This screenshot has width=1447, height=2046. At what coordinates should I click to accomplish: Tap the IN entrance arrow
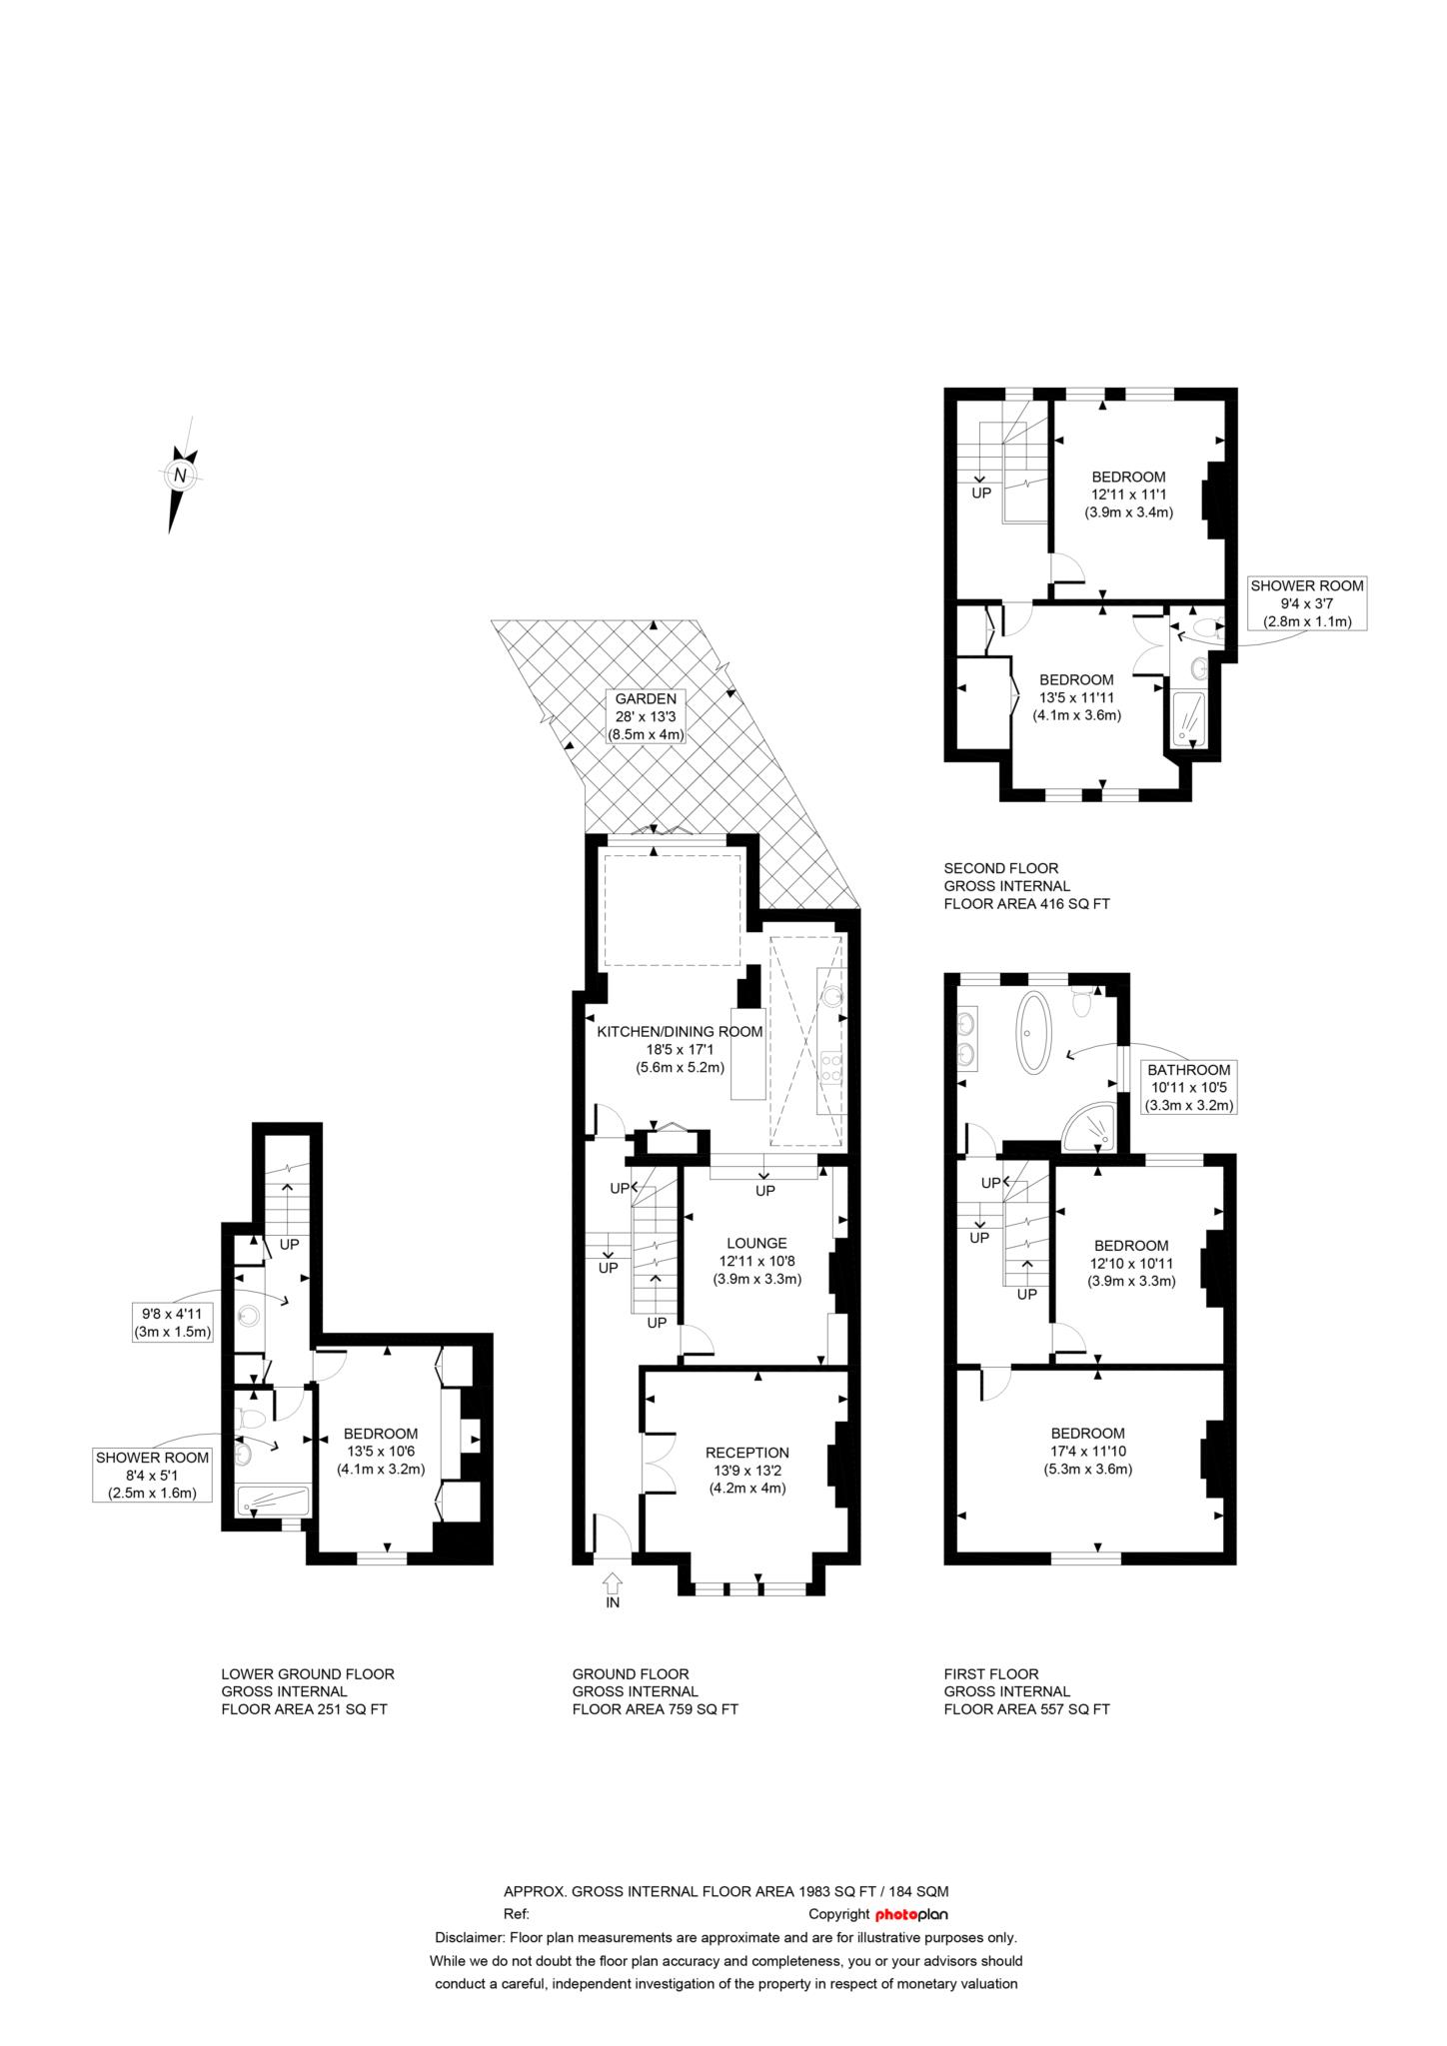coord(613,1582)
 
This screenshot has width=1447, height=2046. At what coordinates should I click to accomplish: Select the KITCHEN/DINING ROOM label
coord(680,1031)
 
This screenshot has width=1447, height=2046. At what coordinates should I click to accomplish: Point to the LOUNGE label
coord(756,1243)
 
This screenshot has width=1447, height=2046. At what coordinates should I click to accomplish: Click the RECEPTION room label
coord(746,1453)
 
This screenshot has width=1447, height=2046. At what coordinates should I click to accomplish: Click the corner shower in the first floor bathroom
coord(1089,1126)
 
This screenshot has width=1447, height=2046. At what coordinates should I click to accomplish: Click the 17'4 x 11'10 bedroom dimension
coord(1093,1451)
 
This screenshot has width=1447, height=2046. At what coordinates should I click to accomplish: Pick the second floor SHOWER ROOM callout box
coord(1307,603)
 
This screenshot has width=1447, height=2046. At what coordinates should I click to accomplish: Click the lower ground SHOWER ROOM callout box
coord(153,1476)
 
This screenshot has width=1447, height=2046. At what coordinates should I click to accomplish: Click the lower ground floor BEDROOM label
coord(380,1434)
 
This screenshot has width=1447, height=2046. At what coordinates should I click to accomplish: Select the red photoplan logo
coord(911,1914)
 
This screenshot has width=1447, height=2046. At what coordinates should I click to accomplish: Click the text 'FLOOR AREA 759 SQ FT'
coord(655,1709)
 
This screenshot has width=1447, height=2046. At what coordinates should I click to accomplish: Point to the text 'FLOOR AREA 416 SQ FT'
coord(1026,904)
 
